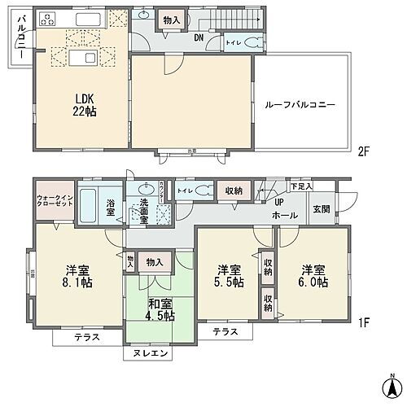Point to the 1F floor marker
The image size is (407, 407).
coord(363,322)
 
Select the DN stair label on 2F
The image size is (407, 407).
coord(199,37)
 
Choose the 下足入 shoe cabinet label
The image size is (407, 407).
coord(301,186)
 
